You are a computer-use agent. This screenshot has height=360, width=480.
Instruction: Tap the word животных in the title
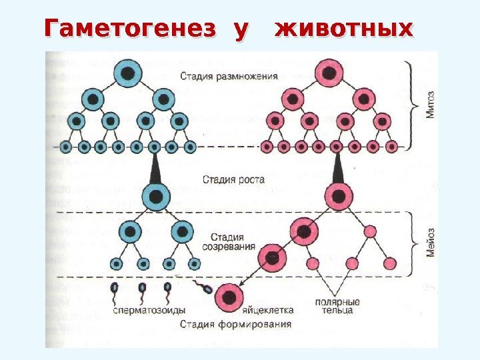point(344,29)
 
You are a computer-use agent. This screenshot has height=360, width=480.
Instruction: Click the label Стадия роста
point(234,179)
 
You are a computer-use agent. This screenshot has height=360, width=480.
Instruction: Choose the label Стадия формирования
point(236,325)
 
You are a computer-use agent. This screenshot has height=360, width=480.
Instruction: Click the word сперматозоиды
point(149,311)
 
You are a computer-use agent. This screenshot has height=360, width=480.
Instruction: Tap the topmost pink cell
point(329,71)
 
